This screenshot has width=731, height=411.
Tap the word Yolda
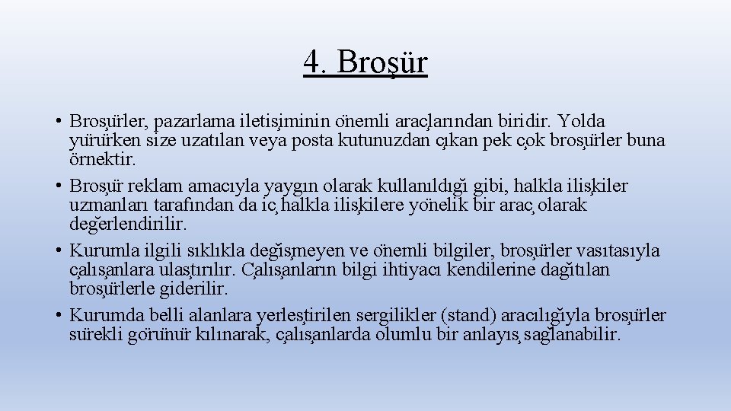tap(582, 122)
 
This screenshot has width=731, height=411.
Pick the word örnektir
tap(103, 160)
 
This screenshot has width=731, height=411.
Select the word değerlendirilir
tap(128, 225)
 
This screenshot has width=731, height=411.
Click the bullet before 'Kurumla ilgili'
tap(58, 251)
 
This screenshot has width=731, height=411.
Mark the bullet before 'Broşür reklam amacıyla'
tap(58, 186)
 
